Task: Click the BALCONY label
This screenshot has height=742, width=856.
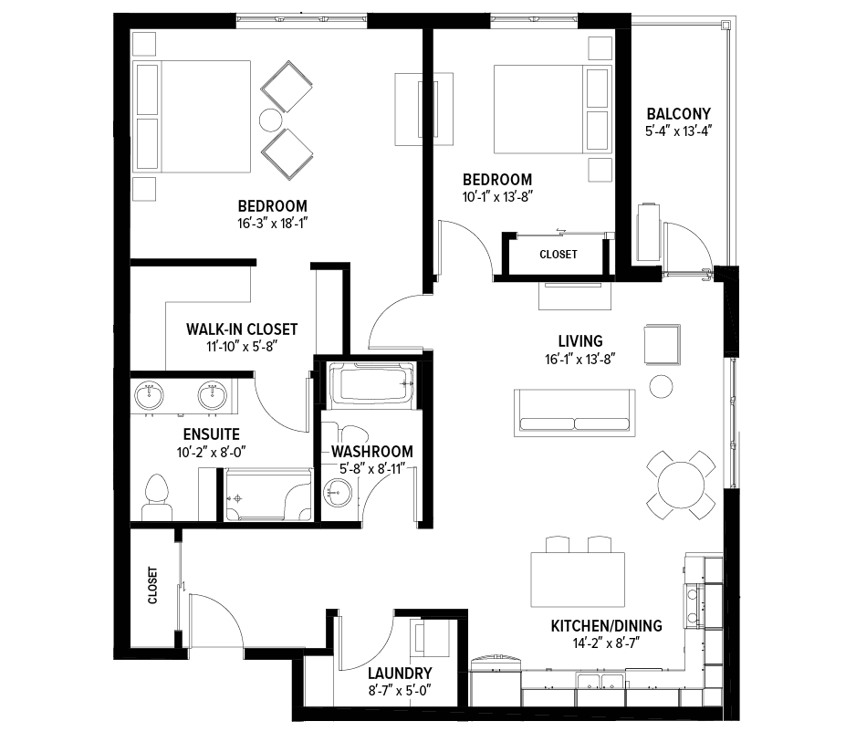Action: [x=679, y=114]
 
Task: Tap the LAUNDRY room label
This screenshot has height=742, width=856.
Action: [x=400, y=674]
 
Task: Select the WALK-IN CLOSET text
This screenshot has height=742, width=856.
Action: [x=242, y=329]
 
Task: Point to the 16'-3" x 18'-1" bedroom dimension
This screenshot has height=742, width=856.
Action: [x=273, y=224]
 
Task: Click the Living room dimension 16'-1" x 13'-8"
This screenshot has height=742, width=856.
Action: [x=580, y=359]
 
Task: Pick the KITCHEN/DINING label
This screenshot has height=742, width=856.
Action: [x=607, y=626]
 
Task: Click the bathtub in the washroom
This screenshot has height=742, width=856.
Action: [x=371, y=385]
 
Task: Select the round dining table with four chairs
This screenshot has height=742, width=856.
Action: [x=681, y=485]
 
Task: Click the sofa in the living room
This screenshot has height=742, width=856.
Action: [x=575, y=413]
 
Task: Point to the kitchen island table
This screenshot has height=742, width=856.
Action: [x=578, y=580]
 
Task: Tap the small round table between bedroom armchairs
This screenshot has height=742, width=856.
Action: [x=270, y=120]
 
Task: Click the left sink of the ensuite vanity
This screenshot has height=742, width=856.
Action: [x=149, y=396]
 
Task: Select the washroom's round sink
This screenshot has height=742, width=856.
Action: [x=338, y=493]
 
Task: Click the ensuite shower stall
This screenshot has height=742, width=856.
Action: [x=268, y=494]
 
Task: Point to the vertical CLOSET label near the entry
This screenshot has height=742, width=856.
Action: [x=153, y=585]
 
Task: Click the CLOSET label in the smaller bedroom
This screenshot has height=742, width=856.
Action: [x=558, y=255]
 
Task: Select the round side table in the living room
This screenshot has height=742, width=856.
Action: [x=661, y=387]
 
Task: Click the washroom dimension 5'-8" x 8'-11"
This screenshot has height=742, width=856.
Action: [x=372, y=469]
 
